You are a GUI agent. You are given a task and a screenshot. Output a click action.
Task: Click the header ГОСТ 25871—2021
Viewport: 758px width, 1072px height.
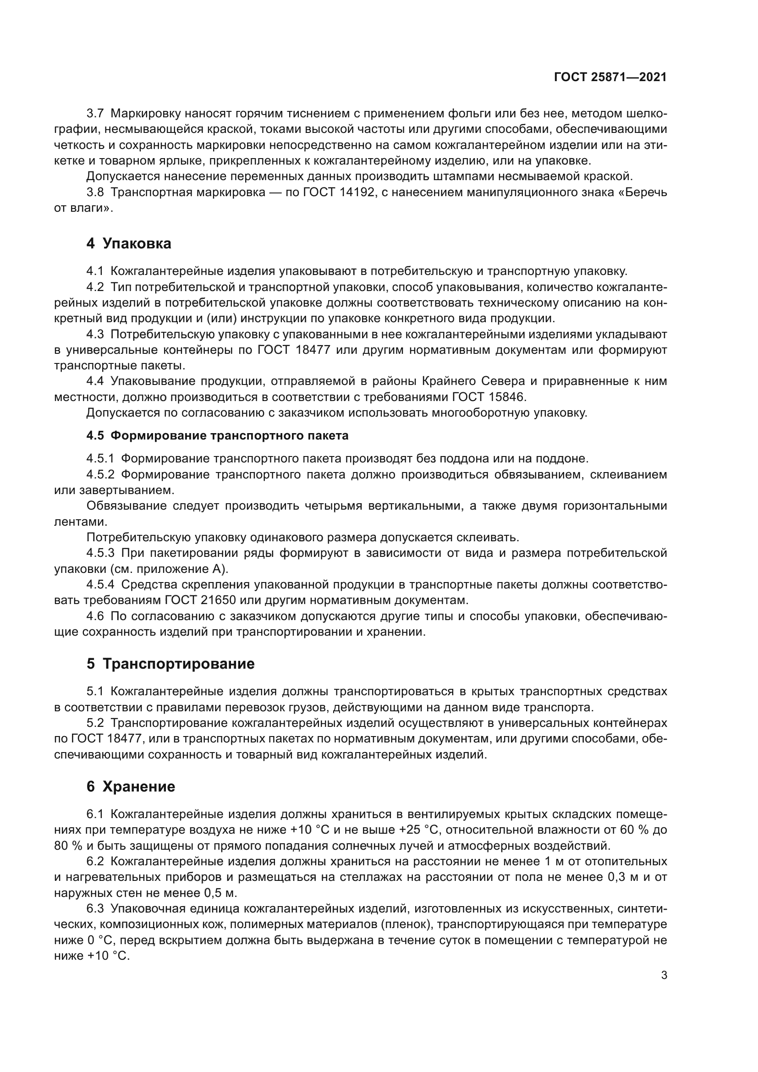pos(610,77)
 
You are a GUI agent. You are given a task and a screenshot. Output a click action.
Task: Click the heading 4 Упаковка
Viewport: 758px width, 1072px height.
pos(129,243)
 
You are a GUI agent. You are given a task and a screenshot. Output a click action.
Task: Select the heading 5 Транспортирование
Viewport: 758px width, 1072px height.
pos(170,664)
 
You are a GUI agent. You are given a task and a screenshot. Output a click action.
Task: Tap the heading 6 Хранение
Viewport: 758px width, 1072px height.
pos(131,786)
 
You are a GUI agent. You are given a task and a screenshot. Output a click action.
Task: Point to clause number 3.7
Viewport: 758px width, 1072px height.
pos(96,114)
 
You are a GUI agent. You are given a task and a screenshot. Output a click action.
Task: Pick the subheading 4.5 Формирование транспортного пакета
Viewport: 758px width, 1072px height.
pos(218,435)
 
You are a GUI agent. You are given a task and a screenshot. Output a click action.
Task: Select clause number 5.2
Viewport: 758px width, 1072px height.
pos(96,723)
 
